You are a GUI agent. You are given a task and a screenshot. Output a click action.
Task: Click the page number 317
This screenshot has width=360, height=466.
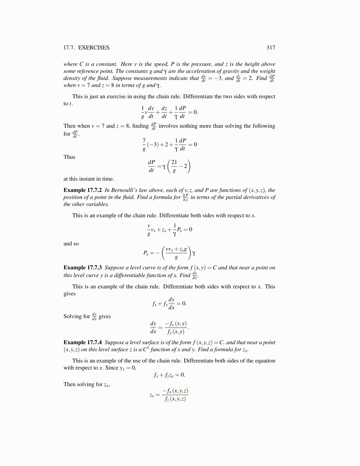(x=271, y=48)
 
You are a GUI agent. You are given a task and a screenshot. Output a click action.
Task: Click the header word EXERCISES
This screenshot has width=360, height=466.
(x=94, y=48)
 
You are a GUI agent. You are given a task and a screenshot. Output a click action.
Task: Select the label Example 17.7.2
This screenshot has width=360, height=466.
(x=83, y=190)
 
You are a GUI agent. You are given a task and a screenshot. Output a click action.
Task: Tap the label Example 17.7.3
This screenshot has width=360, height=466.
(x=83, y=268)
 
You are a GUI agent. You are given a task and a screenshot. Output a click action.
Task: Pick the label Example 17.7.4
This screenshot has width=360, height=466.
(x=83, y=342)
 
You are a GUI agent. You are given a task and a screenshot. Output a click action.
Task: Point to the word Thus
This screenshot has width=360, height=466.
(x=69, y=157)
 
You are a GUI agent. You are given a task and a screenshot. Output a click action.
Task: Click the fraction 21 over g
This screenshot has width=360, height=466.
(x=174, y=166)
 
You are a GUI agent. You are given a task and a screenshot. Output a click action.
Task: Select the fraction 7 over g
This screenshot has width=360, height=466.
(x=144, y=144)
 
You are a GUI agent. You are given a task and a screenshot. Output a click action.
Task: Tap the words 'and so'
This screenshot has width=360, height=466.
(x=71, y=244)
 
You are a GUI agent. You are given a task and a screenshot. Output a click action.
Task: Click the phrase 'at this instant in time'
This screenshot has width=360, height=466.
(x=89, y=179)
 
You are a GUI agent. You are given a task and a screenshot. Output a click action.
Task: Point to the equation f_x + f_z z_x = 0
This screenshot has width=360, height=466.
(x=169, y=375)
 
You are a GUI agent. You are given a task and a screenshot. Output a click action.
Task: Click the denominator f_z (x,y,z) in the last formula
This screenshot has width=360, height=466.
(x=175, y=399)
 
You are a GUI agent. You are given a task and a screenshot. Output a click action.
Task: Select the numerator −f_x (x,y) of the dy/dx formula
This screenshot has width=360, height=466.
(x=176, y=324)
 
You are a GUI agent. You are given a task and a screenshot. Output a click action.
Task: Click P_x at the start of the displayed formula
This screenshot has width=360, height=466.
(x=146, y=253)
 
